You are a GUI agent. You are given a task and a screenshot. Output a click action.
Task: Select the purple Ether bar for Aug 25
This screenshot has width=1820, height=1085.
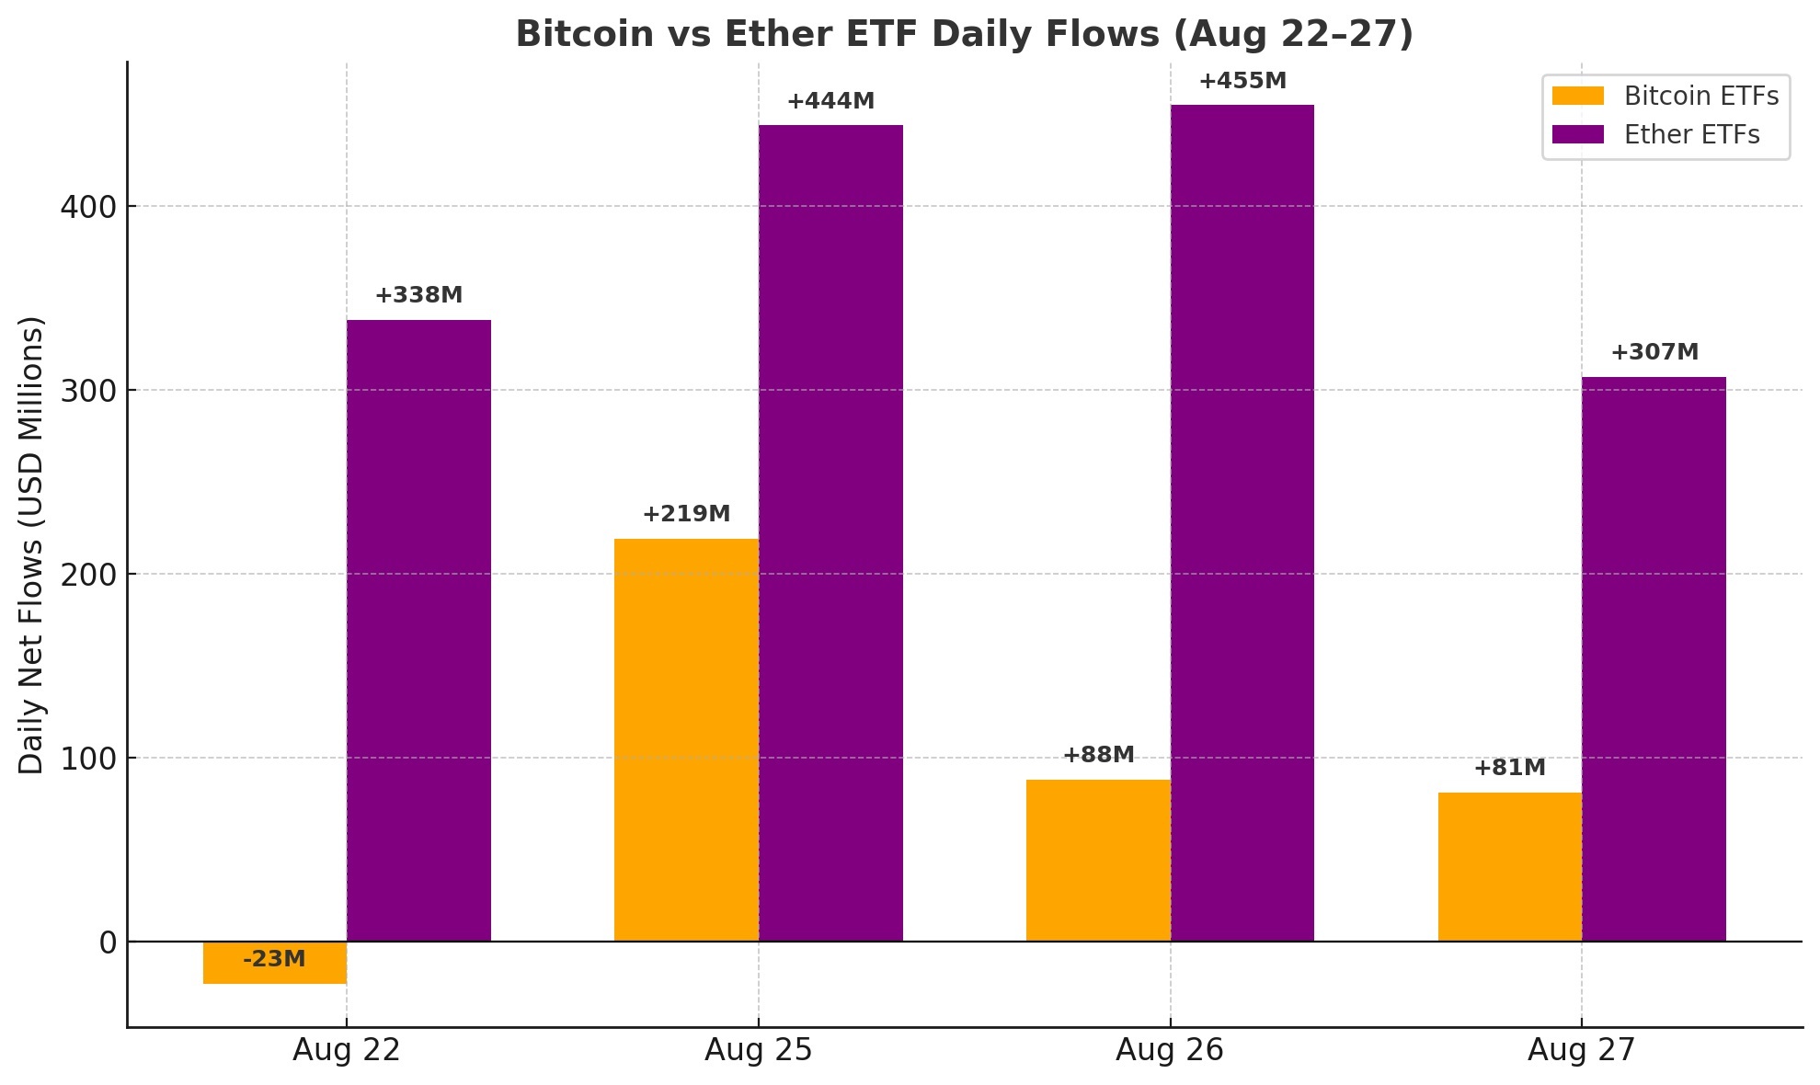point(830,533)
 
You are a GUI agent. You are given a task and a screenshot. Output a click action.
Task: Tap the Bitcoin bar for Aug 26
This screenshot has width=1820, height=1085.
point(1098,861)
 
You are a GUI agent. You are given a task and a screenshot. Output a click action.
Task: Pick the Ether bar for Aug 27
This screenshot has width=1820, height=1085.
point(1654,658)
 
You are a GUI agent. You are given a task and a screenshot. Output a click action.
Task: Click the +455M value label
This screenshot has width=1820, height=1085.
point(1242,81)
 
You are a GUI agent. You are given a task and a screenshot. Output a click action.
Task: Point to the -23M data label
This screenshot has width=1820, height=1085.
point(274,959)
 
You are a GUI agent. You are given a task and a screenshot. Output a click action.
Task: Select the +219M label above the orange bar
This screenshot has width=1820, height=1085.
point(686,514)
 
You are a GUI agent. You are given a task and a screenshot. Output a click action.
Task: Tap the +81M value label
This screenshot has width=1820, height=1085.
point(1509,768)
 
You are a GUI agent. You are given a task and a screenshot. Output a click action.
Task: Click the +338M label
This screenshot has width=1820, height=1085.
point(418,295)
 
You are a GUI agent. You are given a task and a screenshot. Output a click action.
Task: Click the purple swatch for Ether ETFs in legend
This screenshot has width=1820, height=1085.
point(1577,135)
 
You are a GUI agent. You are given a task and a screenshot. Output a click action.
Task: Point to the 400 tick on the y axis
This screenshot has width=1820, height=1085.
point(88,207)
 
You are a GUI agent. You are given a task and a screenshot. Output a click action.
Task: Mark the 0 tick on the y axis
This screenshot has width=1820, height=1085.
point(108,942)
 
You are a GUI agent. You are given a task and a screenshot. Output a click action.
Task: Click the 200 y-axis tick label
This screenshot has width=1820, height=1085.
point(88,575)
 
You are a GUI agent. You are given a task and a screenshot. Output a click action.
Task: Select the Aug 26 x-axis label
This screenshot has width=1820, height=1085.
point(1169,1050)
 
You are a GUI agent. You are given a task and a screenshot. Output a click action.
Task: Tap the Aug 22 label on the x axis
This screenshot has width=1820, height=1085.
point(347,1050)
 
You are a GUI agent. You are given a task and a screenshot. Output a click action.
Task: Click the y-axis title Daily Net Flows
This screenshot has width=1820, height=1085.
point(31,544)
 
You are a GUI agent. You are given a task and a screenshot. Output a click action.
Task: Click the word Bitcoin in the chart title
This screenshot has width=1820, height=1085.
point(575,34)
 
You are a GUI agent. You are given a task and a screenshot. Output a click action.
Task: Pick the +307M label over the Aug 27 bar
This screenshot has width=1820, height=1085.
point(1654,352)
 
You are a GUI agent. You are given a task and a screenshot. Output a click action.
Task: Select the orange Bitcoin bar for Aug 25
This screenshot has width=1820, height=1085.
point(686,740)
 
